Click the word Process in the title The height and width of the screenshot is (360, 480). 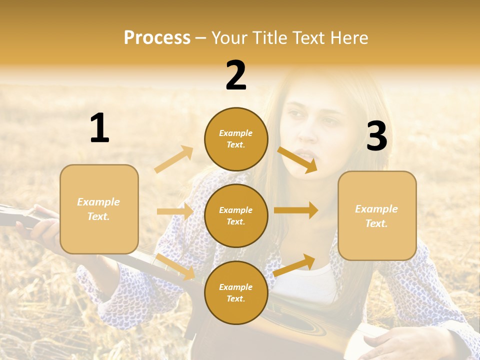pyautogui.click(x=157, y=38)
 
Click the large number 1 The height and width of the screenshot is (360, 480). pyautogui.click(x=99, y=128)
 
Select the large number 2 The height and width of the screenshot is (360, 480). pyautogui.click(x=236, y=75)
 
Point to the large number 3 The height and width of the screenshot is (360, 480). pyautogui.click(x=376, y=136)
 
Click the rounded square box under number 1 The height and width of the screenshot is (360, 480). pyautogui.click(x=99, y=209)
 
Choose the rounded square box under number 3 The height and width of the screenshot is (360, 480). pyautogui.click(x=377, y=215)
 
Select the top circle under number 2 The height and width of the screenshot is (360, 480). pyautogui.click(x=236, y=139)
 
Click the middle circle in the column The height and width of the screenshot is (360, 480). pyautogui.click(x=236, y=215)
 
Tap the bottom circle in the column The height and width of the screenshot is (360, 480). pyautogui.click(x=236, y=292)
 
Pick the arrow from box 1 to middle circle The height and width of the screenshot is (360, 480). pyautogui.click(x=175, y=211)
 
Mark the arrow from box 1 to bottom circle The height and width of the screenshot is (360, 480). pyautogui.click(x=176, y=267)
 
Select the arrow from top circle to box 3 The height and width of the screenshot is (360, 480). pyautogui.click(x=297, y=159)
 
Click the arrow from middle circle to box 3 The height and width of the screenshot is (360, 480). pyautogui.click(x=296, y=210)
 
